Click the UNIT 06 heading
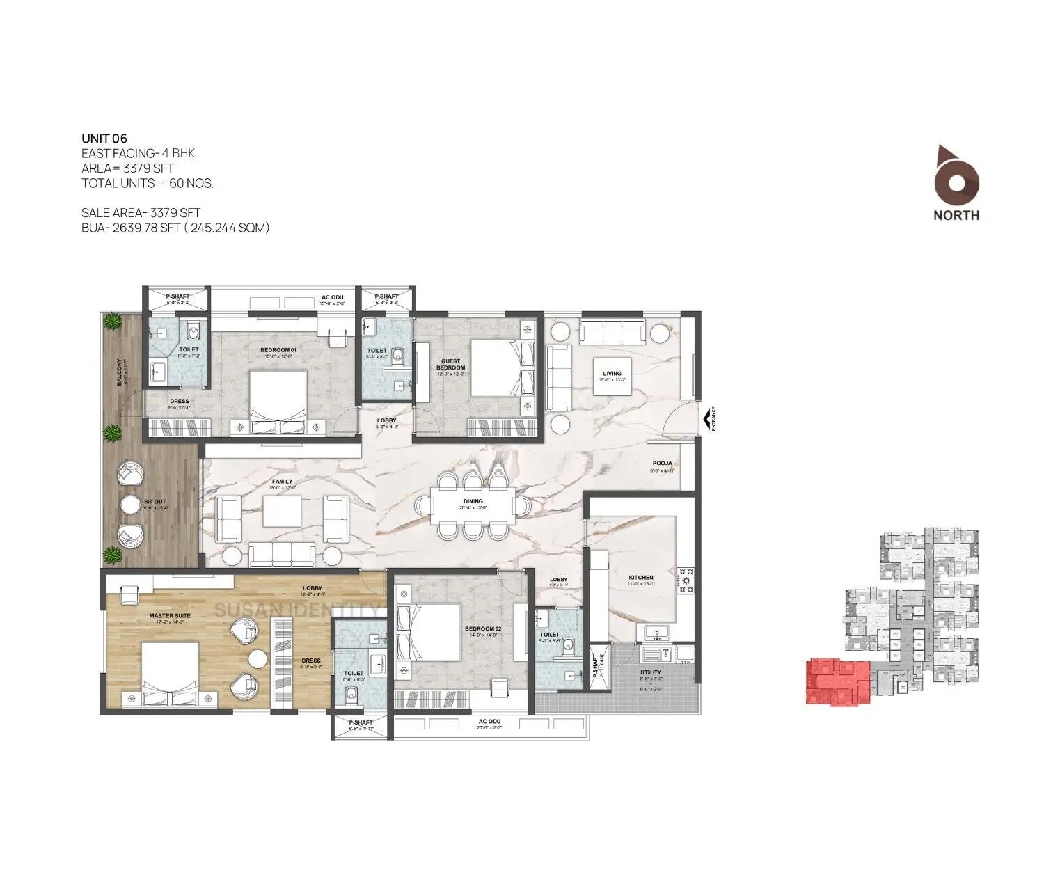(104, 139)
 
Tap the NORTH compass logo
(956, 182)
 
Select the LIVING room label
(612, 374)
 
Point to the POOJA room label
(661, 463)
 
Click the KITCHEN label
(640, 578)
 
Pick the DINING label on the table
(473, 501)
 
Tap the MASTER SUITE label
(169, 616)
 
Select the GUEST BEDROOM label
(450, 364)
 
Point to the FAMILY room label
(282, 482)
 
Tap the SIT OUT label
(155, 501)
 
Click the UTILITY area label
(651, 673)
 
